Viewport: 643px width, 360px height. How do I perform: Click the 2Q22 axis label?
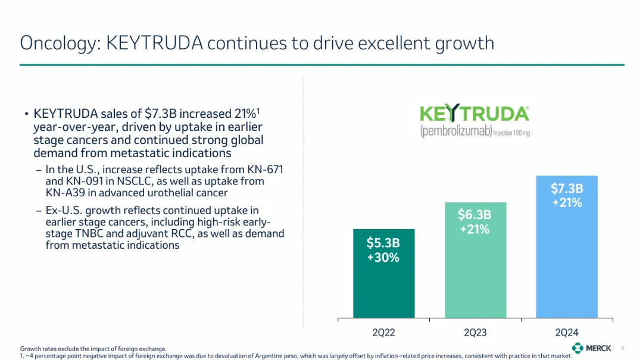click(383, 332)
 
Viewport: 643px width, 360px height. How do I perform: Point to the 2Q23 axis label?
click(475, 332)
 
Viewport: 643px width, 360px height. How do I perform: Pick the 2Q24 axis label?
click(566, 332)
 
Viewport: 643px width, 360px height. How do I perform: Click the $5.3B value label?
click(383, 243)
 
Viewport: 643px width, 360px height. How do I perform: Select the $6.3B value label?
click(475, 215)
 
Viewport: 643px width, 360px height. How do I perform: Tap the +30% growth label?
click(383, 258)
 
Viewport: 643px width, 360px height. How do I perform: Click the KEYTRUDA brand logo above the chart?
click(475, 114)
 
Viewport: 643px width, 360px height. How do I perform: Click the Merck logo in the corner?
click(592, 348)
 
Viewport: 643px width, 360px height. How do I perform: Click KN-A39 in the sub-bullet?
click(65, 193)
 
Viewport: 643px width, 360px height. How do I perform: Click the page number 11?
click(622, 348)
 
